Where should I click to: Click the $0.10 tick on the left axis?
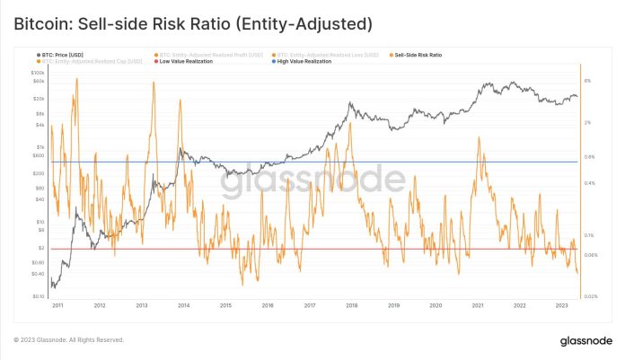[x=39, y=295]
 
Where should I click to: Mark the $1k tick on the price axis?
[x=40, y=146]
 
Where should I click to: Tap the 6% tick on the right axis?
[x=588, y=81]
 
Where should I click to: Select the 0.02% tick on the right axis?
[x=591, y=295]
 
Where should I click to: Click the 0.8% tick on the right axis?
[x=590, y=157]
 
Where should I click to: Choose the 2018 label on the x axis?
[x=352, y=305]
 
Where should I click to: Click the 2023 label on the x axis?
[x=561, y=305]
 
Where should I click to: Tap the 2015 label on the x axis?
[x=226, y=305]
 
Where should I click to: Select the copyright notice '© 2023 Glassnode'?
[x=68, y=340]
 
